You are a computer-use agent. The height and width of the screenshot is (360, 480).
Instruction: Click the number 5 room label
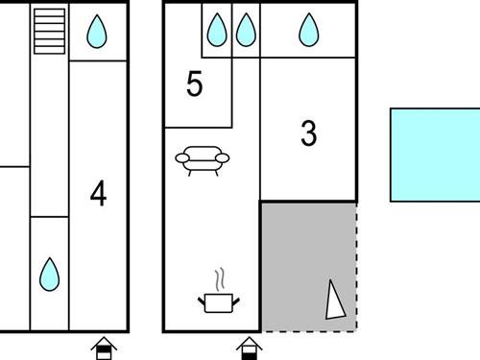tap(195, 84)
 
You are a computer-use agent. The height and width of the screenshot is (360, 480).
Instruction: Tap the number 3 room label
tap(309, 133)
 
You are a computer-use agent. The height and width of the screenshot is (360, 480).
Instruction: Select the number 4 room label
tap(98, 193)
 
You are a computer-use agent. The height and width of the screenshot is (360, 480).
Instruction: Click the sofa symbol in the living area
tap(203, 160)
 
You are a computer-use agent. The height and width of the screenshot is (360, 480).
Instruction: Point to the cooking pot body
tap(219, 303)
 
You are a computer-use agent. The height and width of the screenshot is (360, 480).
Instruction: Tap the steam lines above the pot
tap(219, 280)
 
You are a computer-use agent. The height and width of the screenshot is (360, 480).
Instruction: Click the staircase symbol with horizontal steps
tap(50, 31)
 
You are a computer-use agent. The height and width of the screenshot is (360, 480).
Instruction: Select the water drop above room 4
tap(97, 32)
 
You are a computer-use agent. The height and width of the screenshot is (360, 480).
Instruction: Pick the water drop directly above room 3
tap(309, 30)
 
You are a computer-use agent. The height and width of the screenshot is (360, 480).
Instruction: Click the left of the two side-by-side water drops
tap(217, 30)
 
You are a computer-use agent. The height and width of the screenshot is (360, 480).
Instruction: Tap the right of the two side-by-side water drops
tap(246, 30)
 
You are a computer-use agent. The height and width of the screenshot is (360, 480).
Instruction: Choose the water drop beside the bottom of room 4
tap(49, 275)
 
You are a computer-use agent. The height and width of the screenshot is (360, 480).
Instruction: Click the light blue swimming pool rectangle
tap(435, 155)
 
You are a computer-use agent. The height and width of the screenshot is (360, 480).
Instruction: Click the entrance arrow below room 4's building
tap(104, 348)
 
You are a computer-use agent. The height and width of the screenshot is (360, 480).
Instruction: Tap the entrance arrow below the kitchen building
tap(250, 348)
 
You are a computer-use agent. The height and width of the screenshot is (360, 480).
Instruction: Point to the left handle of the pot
tap(202, 301)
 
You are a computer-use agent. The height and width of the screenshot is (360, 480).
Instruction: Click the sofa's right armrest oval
tap(223, 157)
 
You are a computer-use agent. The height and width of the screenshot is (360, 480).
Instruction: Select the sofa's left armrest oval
tap(182, 157)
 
